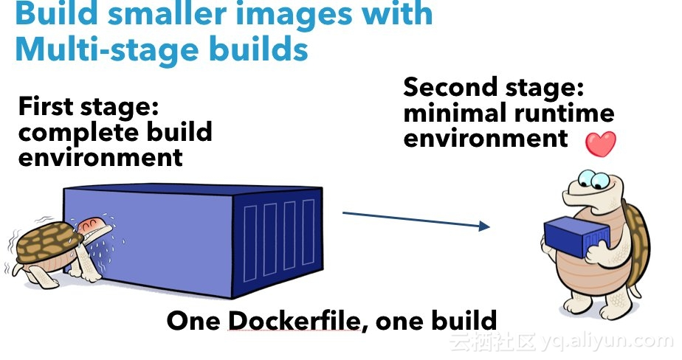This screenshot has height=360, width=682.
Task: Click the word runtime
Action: point(564,113)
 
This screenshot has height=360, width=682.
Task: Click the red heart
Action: point(601,143)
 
